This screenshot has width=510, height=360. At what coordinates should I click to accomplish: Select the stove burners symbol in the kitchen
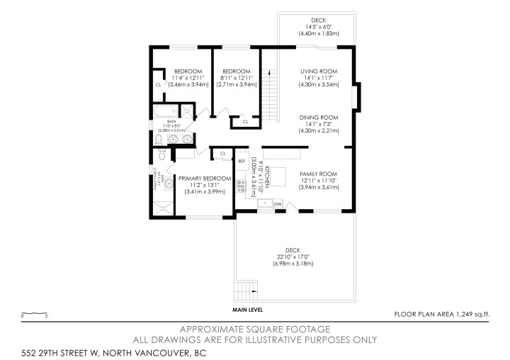coord(241,188)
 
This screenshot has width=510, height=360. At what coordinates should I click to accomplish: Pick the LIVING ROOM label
coord(317,72)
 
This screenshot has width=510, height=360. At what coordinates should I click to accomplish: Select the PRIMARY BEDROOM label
coord(205,179)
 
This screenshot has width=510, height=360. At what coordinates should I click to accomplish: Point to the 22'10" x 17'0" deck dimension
coord(294,257)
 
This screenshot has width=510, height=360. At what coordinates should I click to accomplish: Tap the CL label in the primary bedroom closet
coord(223,153)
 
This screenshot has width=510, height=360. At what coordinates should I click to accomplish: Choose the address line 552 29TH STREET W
coord(109,351)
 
